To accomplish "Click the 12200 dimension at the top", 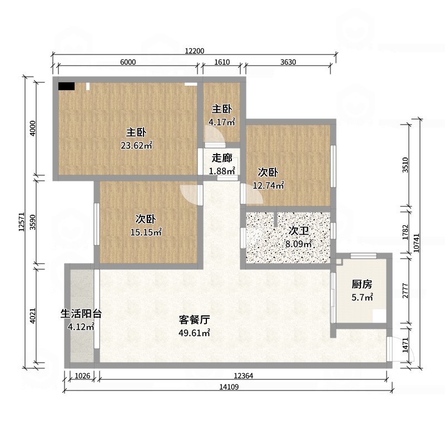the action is (x=194, y=51).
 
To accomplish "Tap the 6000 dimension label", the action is (x=128, y=62).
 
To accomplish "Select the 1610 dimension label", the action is (x=222, y=62).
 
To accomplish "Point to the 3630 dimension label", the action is (x=288, y=62).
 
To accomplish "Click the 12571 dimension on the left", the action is (x=22, y=222).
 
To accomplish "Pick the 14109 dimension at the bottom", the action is (x=229, y=387).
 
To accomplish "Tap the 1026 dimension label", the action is (x=82, y=376).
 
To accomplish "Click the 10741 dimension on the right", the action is (x=416, y=243).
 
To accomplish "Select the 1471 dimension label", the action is (x=406, y=344).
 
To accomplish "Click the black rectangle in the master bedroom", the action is (x=66, y=86).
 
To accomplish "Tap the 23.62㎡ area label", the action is (x=136, y=146).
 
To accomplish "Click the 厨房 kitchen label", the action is (x=362, y=284).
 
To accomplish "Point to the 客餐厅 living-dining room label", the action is (x=194, y=319).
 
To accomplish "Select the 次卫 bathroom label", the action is (x=299, y=231).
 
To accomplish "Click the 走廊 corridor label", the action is (x=222, y=159).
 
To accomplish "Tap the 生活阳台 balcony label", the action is (x=81, y=314).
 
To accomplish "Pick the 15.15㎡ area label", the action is (x=146, y=233).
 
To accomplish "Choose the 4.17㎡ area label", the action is (x=222, y=122).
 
